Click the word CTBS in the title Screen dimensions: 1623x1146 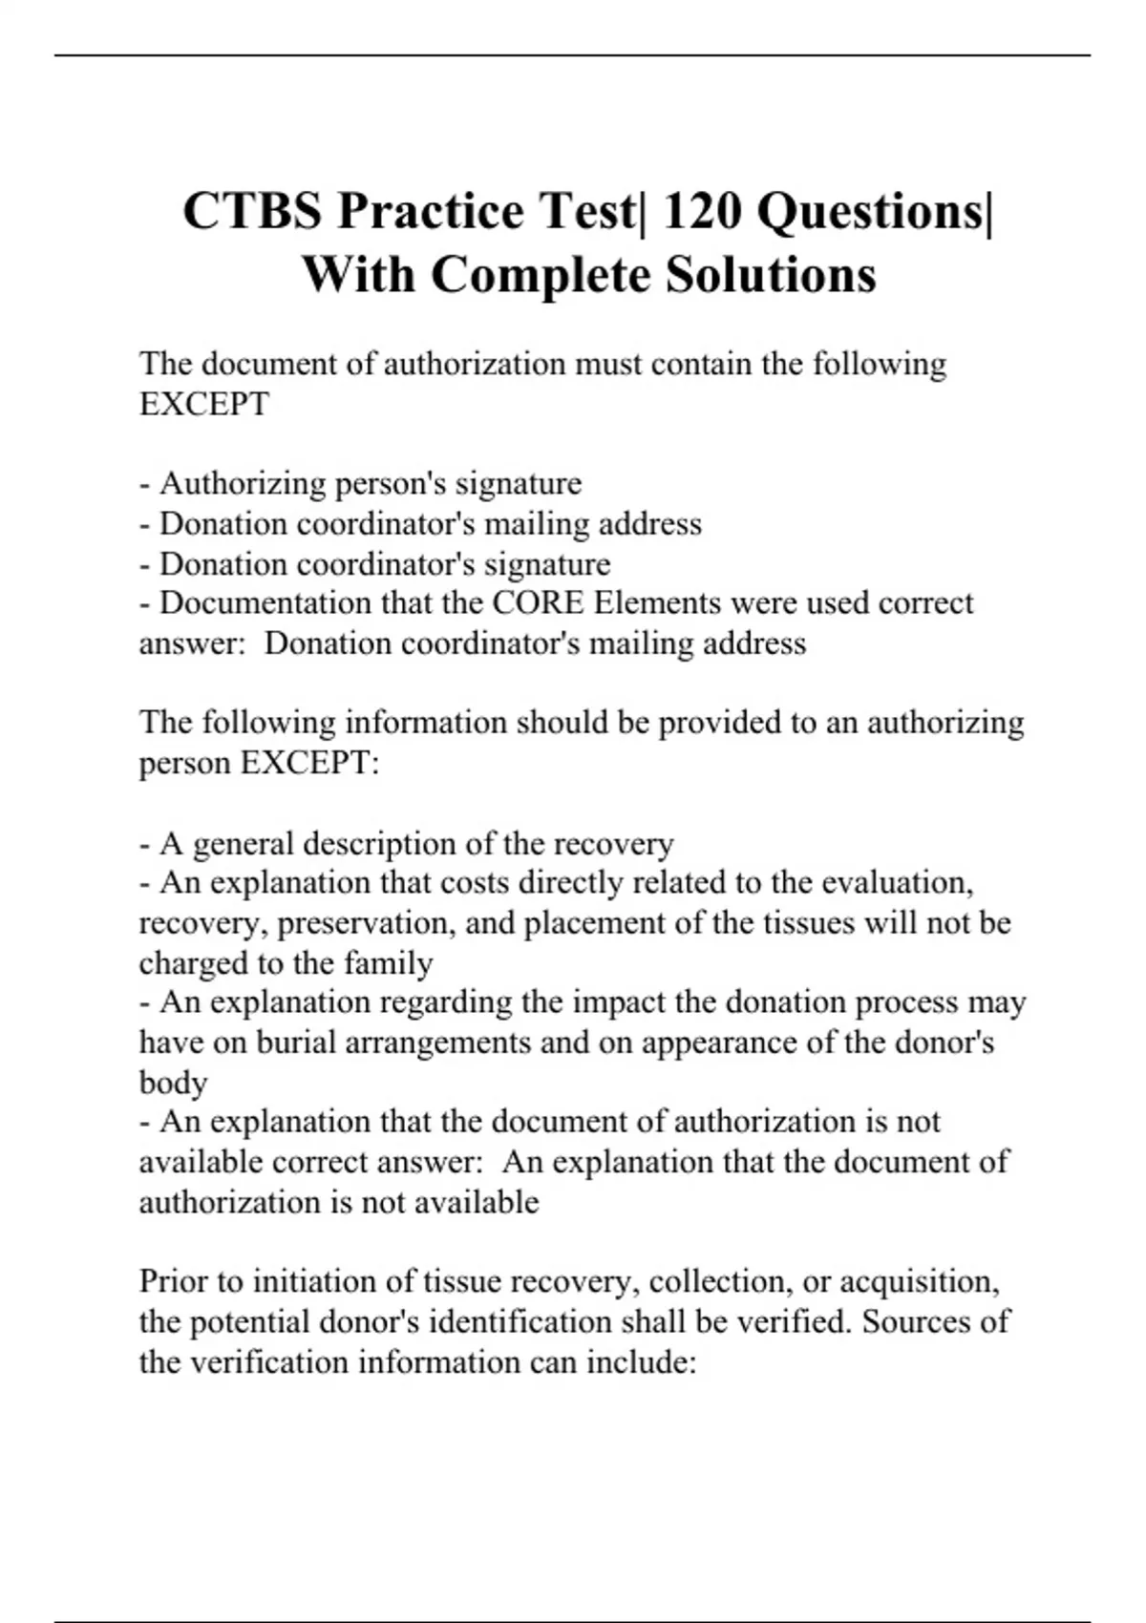point(252,211)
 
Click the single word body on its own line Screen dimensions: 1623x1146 point(173,1083)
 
